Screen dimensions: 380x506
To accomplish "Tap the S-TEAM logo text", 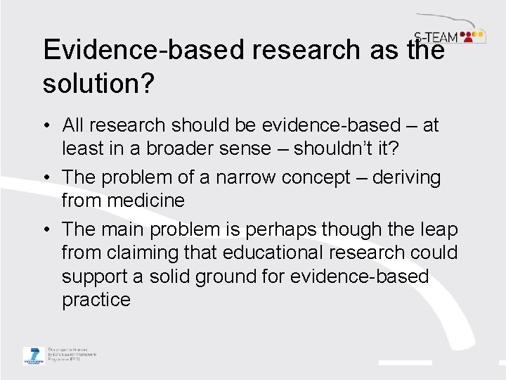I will (x=435, y=37).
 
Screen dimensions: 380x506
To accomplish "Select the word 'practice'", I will (x=96, y=300).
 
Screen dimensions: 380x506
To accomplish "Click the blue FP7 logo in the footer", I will (x=32, y=355).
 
